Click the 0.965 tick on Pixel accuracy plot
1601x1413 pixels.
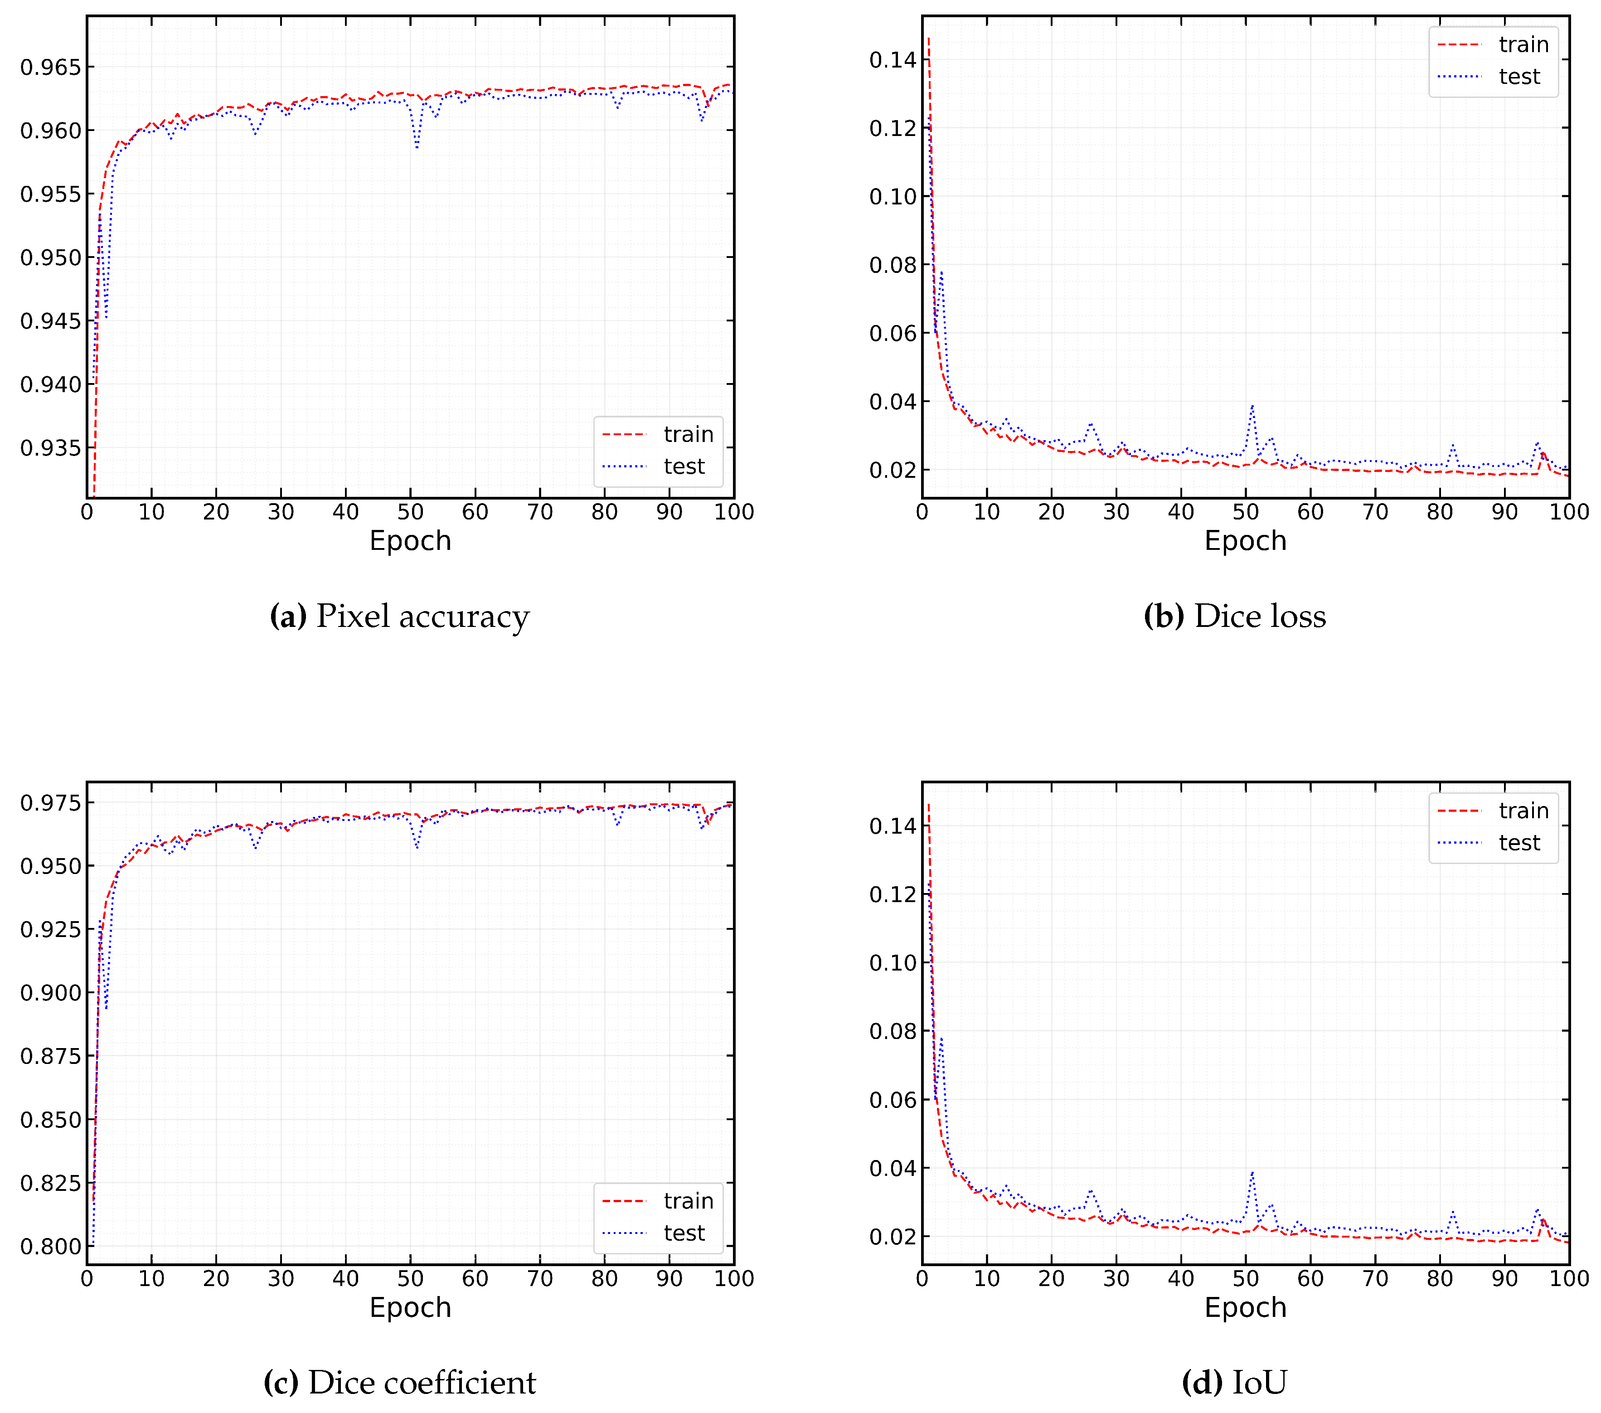pos(50,68)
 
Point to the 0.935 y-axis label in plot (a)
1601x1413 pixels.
pos(50,448)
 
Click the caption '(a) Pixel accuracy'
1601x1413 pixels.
pos(399,617)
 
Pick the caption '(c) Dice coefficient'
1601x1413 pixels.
pos(399,1383)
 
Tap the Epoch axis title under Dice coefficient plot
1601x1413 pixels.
pos(410,1307)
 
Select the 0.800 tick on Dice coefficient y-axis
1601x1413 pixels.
pos(50,1246)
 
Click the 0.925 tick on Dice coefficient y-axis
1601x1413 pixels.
pos(50,929)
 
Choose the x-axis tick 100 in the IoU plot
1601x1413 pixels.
pos(1569,1278)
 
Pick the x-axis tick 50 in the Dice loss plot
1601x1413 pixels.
pos(1245,512)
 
